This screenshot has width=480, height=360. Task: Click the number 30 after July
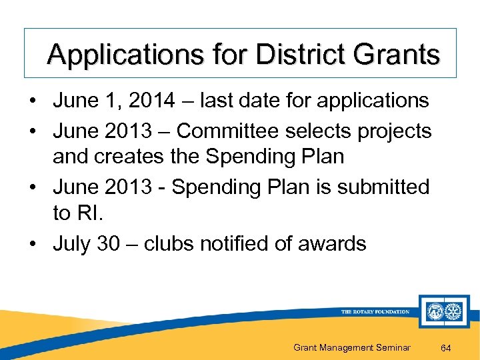(108, 243)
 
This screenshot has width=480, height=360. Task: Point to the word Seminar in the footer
(389, 347)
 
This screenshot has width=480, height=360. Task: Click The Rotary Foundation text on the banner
(375, 312)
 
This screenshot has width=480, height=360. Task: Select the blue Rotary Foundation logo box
(444, 311)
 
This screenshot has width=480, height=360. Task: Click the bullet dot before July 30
(32, 244)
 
